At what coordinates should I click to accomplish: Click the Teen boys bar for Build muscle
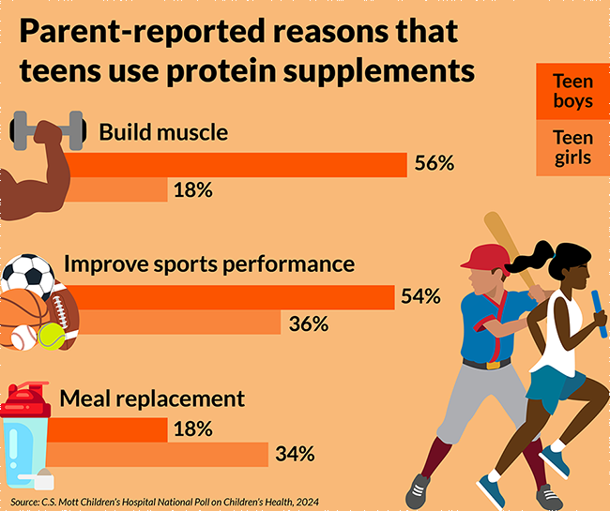235,164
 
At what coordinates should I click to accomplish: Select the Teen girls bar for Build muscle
113,190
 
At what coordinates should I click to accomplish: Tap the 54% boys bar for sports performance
225,297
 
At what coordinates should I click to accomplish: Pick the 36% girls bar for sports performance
169,323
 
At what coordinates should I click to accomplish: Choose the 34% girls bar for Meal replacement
160,456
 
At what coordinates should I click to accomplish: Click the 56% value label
435,164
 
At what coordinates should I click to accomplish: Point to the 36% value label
309,324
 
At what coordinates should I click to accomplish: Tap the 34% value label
295,456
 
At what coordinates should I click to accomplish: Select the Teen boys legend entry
572,92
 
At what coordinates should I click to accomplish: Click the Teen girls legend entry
572,147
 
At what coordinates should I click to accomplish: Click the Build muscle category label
163,132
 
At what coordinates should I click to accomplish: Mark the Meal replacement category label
152,398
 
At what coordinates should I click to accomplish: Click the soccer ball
27,275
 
